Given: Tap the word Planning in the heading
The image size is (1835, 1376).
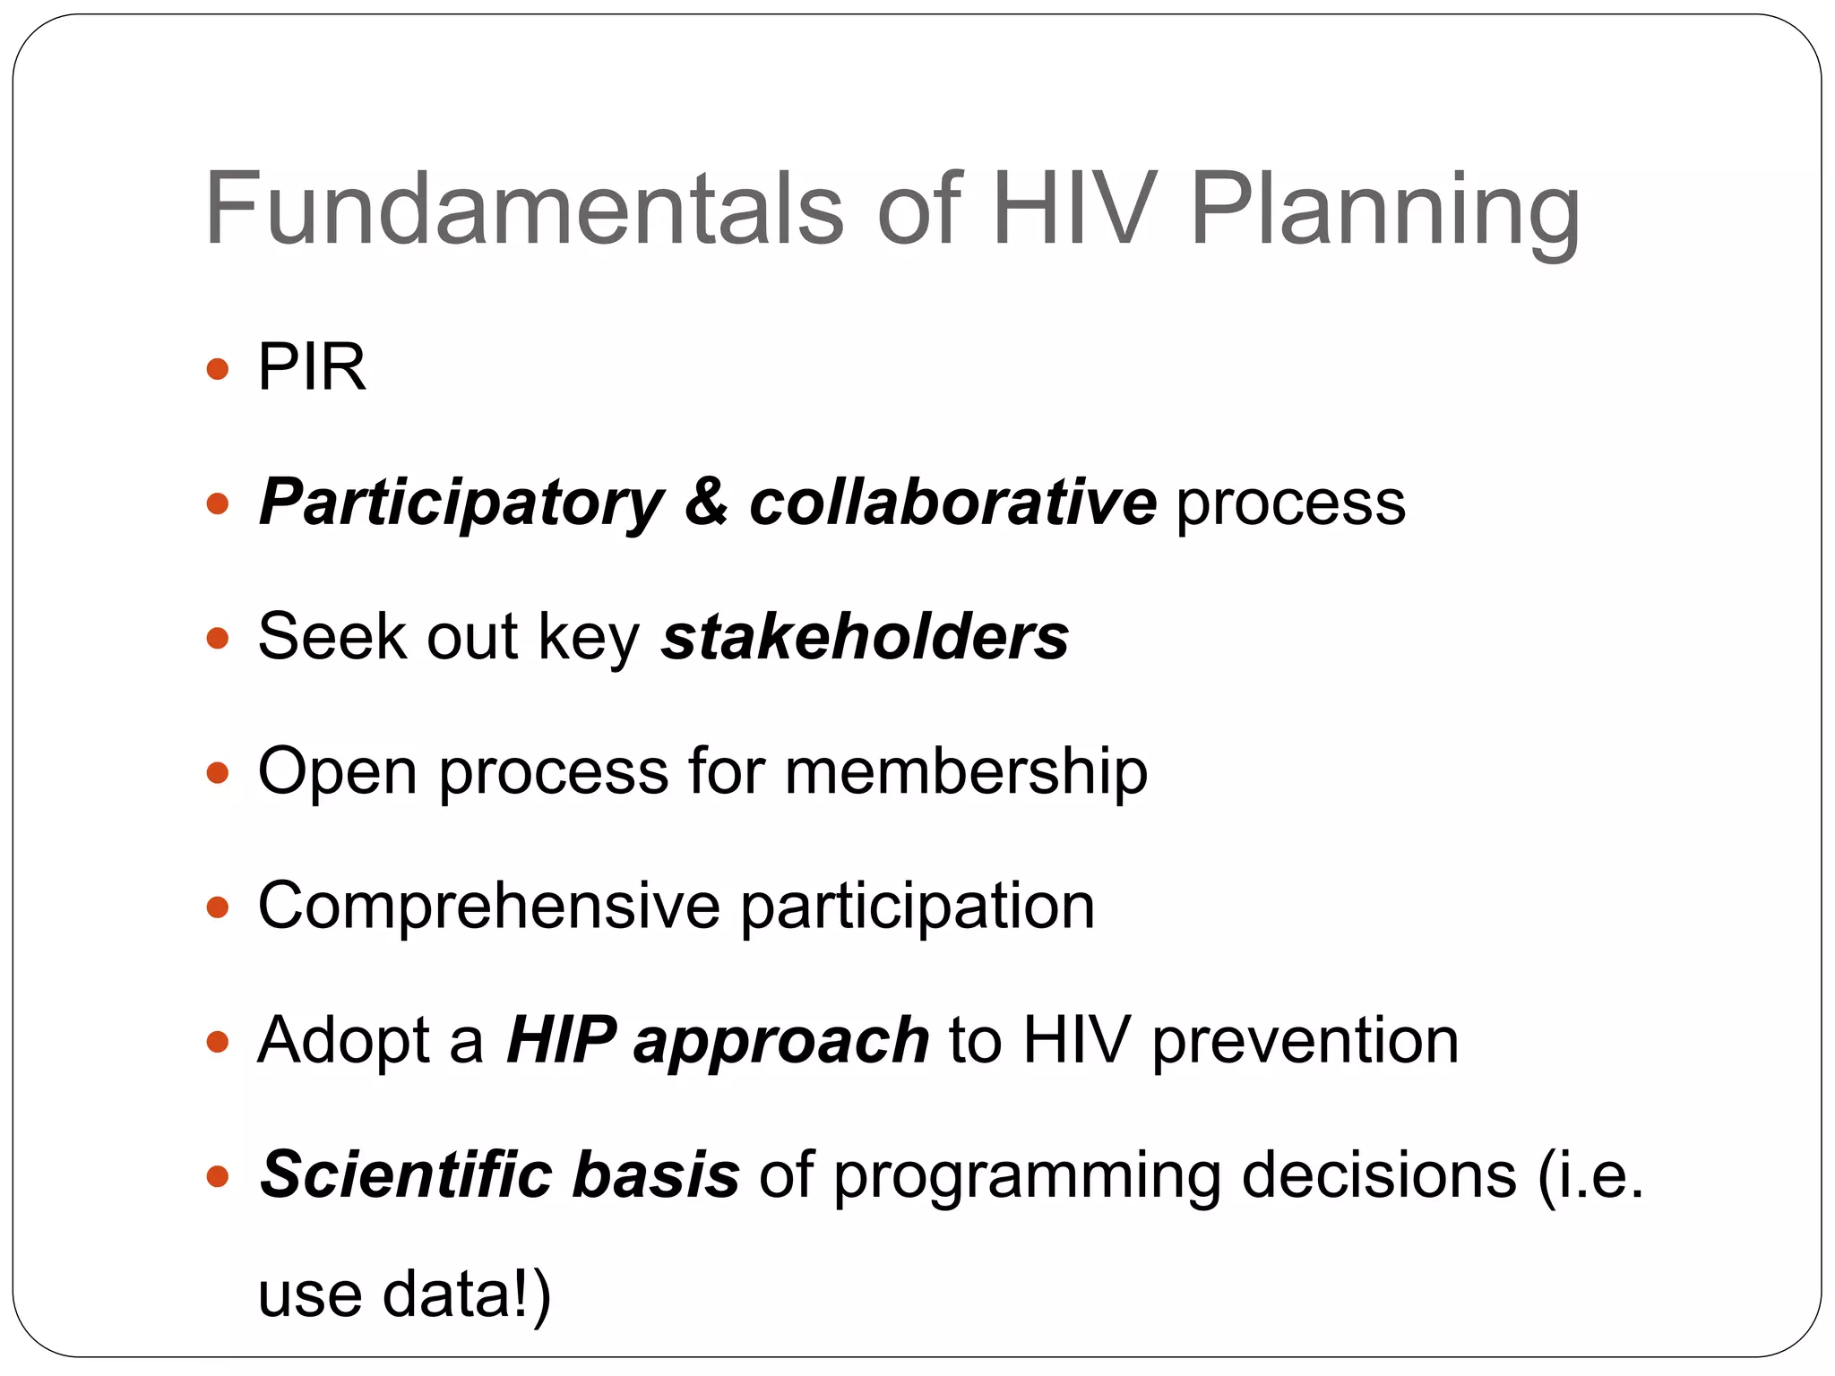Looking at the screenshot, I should click(x=1384, y=211).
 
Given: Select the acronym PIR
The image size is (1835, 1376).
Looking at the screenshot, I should click(x=312, y=367).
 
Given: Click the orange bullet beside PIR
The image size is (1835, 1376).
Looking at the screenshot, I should click(x=218, y=369).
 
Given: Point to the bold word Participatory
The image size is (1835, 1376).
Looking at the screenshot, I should click(x=461, y=503).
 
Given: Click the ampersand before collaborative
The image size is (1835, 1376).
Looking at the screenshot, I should click(x=706, y=502).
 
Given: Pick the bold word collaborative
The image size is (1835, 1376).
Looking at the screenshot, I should click(x=952, y=502).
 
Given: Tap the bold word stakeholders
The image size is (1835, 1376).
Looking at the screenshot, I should click(x=865, y=637).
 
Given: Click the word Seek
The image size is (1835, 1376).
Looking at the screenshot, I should click(x=332, y=637).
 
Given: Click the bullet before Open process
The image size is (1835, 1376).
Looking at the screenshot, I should click(x=218, y=772).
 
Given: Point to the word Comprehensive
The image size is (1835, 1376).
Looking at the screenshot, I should click(x=488, y=907).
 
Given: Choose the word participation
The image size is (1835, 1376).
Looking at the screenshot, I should click(x=917, y=907).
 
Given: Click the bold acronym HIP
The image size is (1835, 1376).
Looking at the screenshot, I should click(x=561, y=1041).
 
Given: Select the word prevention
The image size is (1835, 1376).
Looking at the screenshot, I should click(x=1305, y=1041).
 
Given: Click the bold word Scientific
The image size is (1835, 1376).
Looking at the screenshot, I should click(x=405, y=1174).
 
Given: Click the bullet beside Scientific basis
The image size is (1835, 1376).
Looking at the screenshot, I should click(x=218, y=1175).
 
